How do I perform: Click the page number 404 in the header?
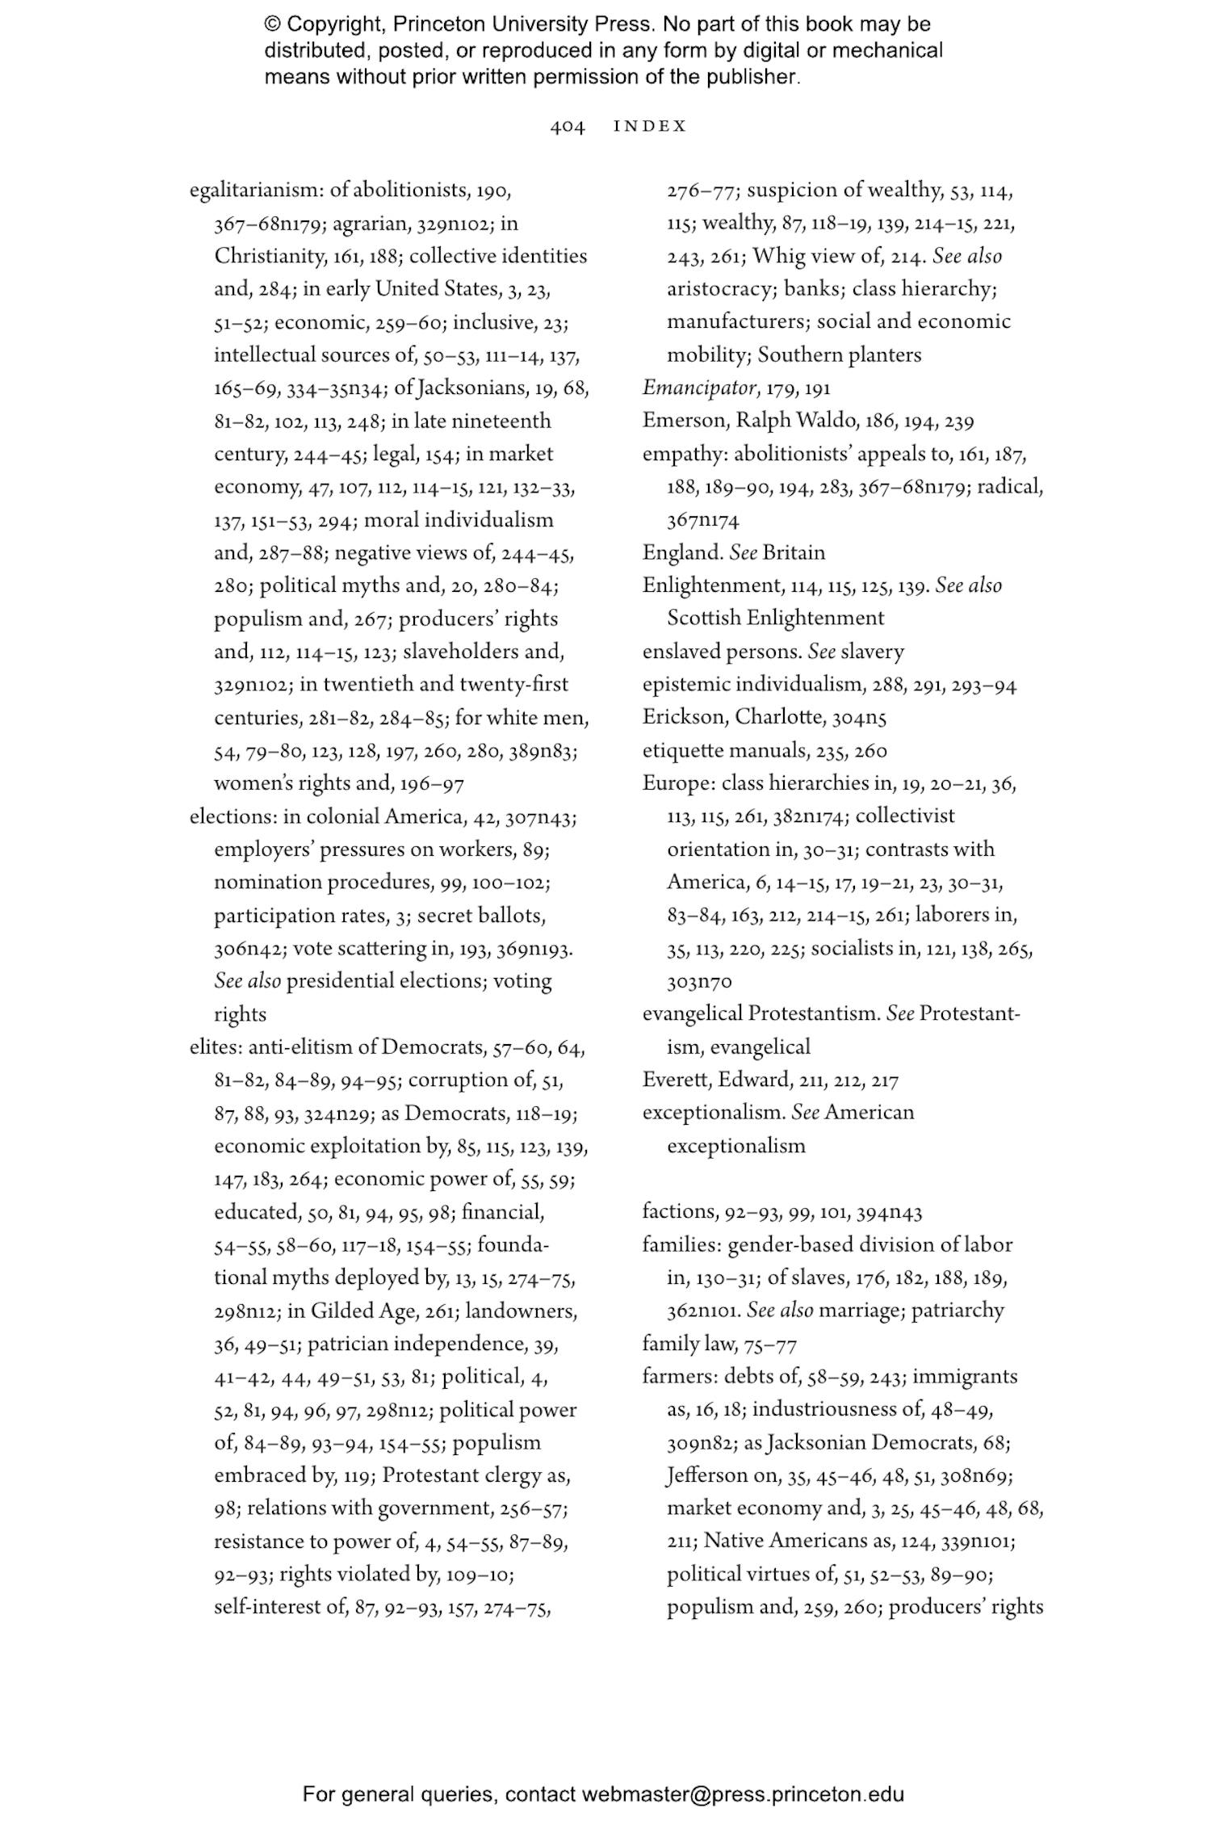click(x=567, y=127)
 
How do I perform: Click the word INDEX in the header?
click(x=650, y=127)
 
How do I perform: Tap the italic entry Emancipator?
click(x=699, y=388)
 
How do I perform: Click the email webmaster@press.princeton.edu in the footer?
click(x=742, y=1794)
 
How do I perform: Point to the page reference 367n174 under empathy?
click(x=702, y=520)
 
